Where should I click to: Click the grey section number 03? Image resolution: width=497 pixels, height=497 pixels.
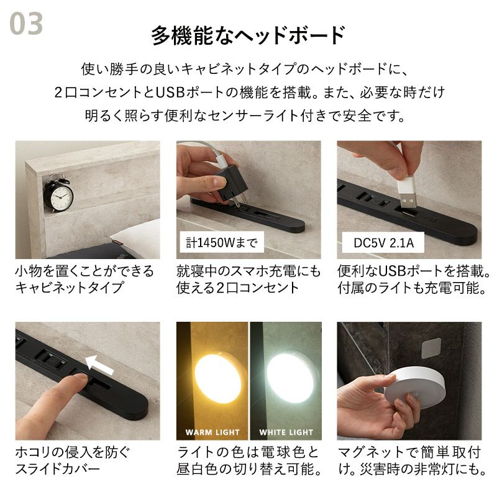(x=26, y=24)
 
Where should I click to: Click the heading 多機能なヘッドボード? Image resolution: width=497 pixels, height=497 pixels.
(x=248, y=35)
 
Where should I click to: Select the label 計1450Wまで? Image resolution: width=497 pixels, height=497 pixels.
(x=222, y=243)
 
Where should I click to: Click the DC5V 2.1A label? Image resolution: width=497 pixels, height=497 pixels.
(x=383, y=243)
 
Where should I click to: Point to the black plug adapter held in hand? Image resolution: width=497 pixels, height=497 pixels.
(x=230, y=185)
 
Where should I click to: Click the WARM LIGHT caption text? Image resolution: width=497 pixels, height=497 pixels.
(x=212, y=432)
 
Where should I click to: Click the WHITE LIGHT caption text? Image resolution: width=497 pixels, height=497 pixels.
(x=286, y=432)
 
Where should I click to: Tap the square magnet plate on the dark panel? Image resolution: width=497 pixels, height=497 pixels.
(x=431, y=348)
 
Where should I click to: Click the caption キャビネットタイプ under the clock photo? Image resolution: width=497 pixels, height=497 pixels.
(x=69, y=288)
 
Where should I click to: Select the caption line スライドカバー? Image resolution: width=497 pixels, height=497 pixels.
(x=58, y=469)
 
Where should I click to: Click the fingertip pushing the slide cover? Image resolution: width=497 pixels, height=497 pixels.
(x=80, y=379)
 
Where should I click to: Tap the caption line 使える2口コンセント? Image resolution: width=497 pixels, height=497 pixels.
(x=237, y=288)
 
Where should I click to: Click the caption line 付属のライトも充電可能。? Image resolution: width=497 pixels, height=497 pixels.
(x=411, y=288)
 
